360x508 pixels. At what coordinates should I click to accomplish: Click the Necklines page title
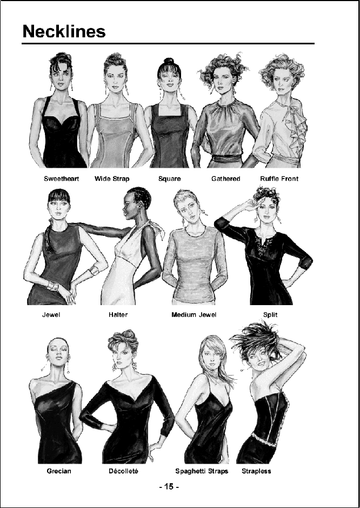(x=64, y=31)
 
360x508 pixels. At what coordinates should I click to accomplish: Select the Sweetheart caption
(x=62, y=179)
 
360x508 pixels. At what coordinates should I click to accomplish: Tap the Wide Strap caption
(x=112, y=179)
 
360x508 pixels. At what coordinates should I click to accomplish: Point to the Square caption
(x=169, y=179)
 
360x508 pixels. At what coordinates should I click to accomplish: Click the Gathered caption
(x=225, y=179)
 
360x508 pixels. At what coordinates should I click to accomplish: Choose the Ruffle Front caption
(x=279, y=179)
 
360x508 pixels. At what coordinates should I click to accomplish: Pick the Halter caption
(x=118, y=314)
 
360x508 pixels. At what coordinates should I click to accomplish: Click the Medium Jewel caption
(x=194, y=314)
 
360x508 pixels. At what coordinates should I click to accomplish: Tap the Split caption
(x=270, y=314)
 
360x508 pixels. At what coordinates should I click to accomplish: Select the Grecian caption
(x=59, y=471)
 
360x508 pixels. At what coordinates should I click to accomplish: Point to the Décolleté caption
(x=123, y=471)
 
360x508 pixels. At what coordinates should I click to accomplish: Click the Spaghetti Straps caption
(x=202, y=471)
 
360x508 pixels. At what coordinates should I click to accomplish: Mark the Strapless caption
(x=256, y=471)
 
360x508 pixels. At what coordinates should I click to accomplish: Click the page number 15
(x=169, y=486)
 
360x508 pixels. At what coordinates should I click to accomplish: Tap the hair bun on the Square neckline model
(x=169, y=62)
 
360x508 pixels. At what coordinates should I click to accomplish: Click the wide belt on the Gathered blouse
(x=226, y=158)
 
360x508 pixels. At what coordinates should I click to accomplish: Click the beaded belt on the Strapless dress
(x=264, y=439)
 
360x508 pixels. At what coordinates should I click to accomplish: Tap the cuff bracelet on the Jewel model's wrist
(x=95, y=270)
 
